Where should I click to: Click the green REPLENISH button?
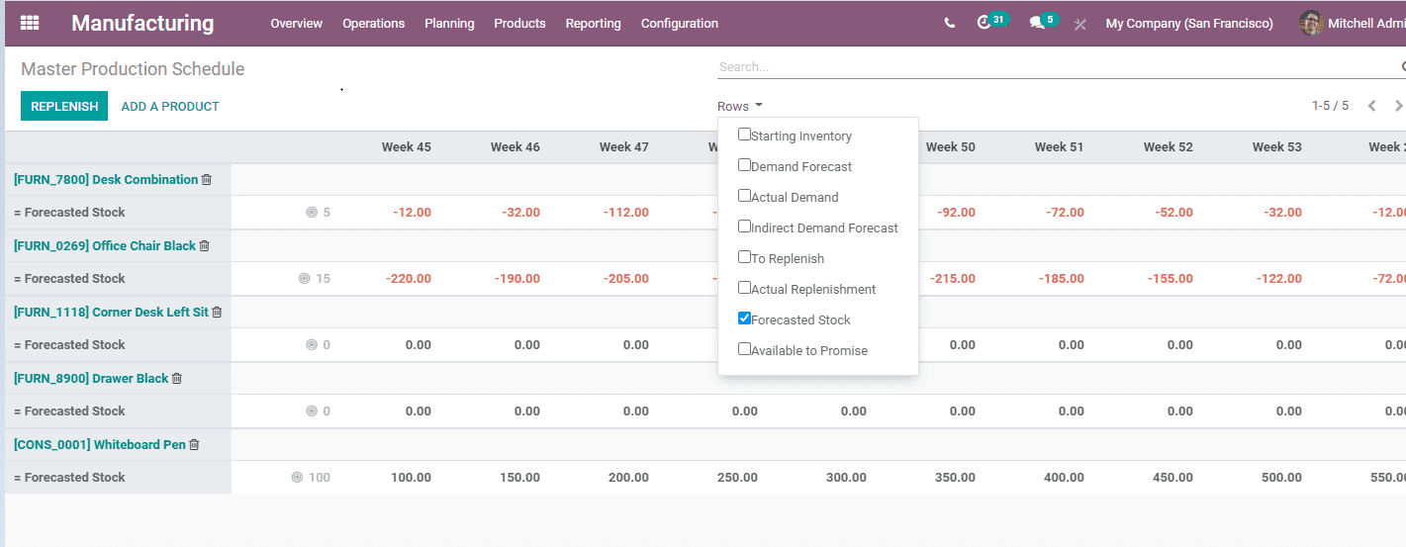point(64,106)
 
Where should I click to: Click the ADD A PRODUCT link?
point(170,106)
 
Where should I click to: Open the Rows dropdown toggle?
point(739,106)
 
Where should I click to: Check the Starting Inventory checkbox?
point(744,135)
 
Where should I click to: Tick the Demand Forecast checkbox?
point(744,165)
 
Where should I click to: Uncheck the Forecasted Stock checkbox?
point(744,319)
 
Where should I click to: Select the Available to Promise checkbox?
point(744,349)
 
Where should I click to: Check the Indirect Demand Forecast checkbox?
point(744,227)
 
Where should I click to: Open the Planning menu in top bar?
point(449,23)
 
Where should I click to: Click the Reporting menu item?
point(593,23)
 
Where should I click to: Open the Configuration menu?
point(679,23)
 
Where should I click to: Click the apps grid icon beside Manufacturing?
point(30,23)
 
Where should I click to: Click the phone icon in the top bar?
point(950,23)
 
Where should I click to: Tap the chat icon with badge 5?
point(1037,22)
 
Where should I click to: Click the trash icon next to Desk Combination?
point(207,180)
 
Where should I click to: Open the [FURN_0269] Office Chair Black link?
point(104,245)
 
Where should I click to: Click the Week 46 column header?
point(515,146)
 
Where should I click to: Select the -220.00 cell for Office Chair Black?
point(408,279)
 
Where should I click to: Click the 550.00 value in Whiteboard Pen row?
point(1386,478)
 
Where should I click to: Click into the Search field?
point(1049,67)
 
